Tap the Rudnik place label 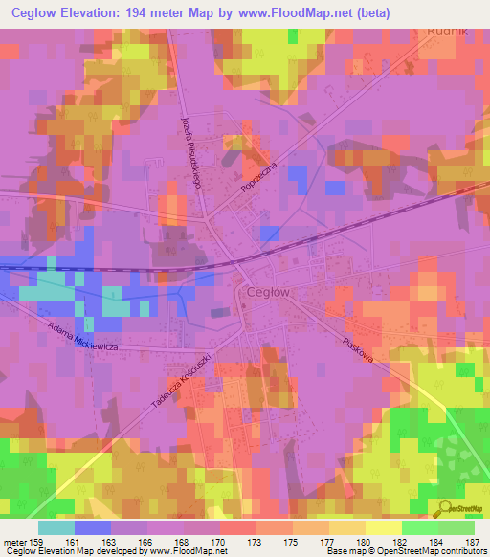(x=447, y=29)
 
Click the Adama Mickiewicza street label (x=81, y=335)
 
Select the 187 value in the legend (x=474, y=542)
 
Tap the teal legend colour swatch (x=56, y=527)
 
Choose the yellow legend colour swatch (x=383, y=527)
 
